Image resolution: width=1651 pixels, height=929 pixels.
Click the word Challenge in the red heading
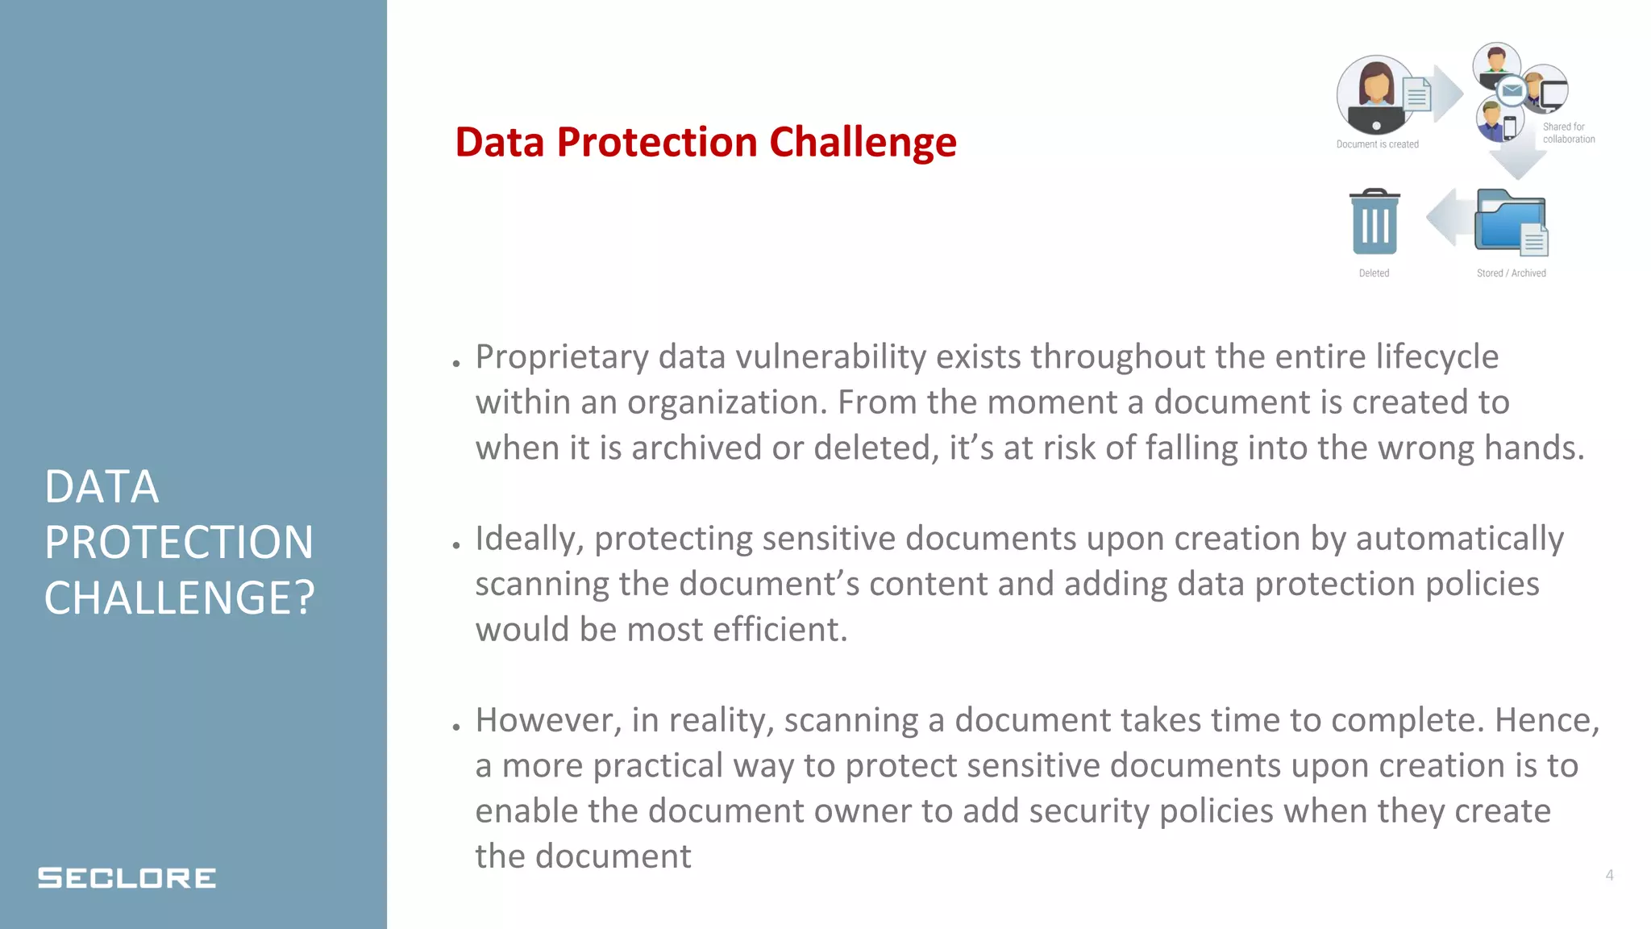click(x=863, y=143)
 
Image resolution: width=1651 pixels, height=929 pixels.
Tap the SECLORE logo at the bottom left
click(x=127, y=877)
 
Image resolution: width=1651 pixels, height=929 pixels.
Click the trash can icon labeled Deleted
click(x=1374, y=223)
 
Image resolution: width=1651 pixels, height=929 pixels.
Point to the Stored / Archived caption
click(x=1511, y=273)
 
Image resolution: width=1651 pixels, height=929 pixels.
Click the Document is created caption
click(x=1377, y=144)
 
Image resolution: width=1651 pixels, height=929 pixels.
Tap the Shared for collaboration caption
click(x=1568, y=133)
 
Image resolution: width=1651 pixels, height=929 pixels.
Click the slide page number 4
click(x=1609, y=875)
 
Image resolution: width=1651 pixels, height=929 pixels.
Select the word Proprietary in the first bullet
click(x=561, y=357)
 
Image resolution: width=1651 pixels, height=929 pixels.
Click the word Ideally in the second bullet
click(x=529, y=539)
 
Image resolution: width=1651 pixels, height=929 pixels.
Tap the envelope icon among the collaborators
click(x=1512, y=90)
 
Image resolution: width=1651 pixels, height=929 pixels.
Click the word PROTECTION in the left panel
click(x=178, y=542)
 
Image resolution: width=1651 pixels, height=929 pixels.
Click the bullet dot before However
click(x=456, y=727)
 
